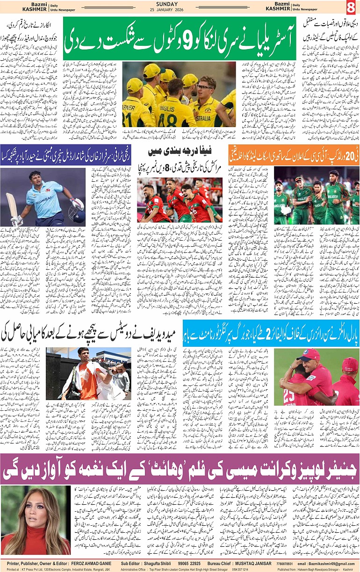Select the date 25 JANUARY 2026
[x=180, y=10]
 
